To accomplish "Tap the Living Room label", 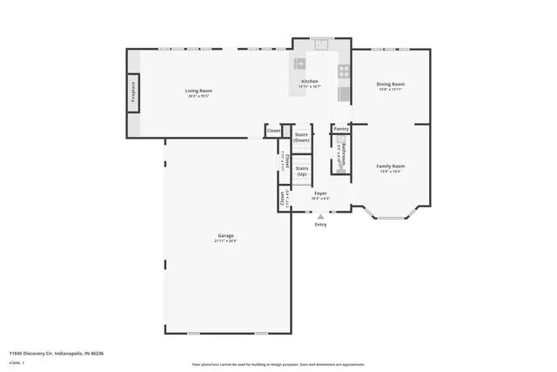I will [x=198, y=91].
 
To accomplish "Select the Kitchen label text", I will [x=310, y=81].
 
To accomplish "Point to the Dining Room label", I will [x=391, y=84].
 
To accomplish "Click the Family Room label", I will [x=391, y=166].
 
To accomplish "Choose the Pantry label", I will [x=340, y=128].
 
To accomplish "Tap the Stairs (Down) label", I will [x=302, y=138].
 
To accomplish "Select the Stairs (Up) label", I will [x=302, y=171].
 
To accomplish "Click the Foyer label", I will [x=320, y=193].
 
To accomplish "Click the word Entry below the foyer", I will [x=320, y=224].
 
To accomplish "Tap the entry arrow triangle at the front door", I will [x=320, y=216].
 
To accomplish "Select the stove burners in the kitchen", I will [x=344, y=71].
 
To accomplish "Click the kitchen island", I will [x=300, y=63].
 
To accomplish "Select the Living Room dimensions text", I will [x=198, y=96].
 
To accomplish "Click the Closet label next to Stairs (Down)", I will [x=274, y=131].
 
